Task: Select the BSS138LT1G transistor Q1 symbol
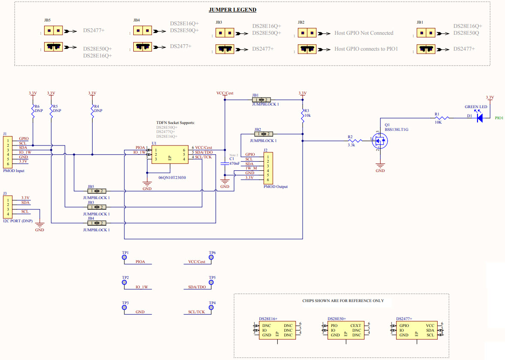point(379,139)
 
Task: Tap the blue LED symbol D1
point(479,118)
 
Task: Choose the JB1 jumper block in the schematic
point(261,100)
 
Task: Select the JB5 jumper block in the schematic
point(96,191)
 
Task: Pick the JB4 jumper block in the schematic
point(96,223)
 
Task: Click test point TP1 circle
point(125,257)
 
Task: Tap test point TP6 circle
point(212,257)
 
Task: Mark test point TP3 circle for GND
point(125,308)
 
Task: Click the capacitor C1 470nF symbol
point(224,164)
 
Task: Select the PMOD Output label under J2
point(276,187)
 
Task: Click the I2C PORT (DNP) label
point(18,221)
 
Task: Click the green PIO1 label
point(499,118)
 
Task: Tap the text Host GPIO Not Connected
point(364,33)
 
